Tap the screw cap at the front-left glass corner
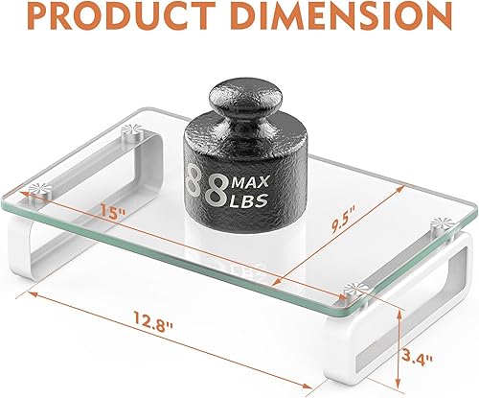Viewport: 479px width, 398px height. pyautogui.click(x=36, y=190)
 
